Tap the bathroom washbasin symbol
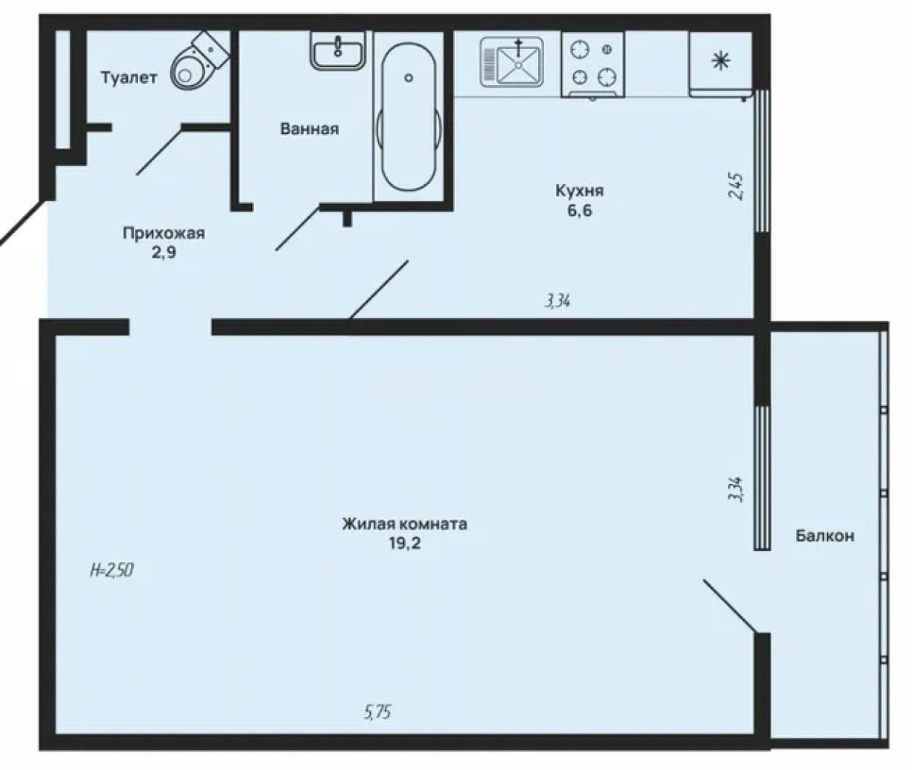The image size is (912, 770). coord(337,49)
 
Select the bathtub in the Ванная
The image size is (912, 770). coord(409,116)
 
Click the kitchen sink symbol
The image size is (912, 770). coord(512,62)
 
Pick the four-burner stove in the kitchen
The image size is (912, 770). coord(593,64)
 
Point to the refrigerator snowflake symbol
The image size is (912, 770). coord(721,61)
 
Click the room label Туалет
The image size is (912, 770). coord(129,78)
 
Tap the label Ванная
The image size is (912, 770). coord(310,129)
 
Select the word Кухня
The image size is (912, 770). coord(580,191)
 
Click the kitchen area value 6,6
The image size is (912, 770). coord(580,211)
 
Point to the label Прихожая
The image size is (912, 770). coord(164,233)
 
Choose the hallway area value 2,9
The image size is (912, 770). coord(164,253)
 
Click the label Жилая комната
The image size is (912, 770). coord(404,523)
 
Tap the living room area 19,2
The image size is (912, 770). coord(404,543)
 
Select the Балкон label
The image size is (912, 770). coord(825,536)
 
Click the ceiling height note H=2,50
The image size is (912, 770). coord(112,570)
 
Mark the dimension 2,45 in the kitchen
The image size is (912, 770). coord(737,187)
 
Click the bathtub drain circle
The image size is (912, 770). coord(409,79)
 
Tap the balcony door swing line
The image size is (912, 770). coord(729,606)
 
